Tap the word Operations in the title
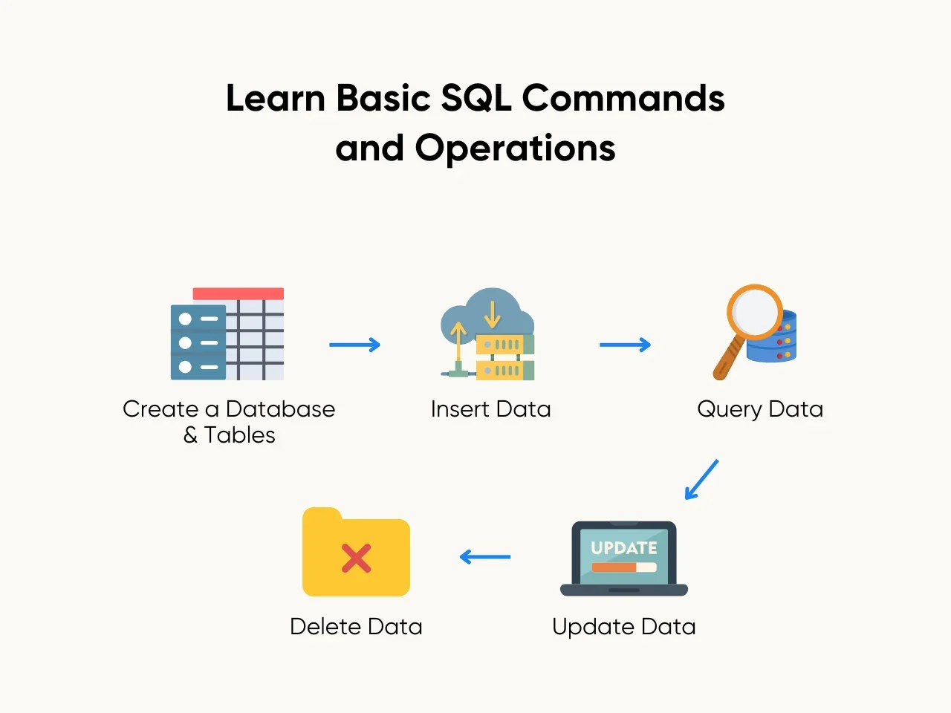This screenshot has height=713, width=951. [515, 148]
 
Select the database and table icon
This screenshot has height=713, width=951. [227, 334]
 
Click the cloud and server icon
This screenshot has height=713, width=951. [487, 334]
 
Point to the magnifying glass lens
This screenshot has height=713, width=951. [754, 312]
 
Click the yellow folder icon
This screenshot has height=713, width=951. [356, 553]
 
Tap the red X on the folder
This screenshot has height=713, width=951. [356, 558]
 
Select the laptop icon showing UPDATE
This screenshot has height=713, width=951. [624, 559]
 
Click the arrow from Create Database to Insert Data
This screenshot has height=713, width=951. [354, 345]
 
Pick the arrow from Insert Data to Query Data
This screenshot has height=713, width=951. [625, 345]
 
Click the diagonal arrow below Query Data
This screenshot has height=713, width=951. [701, 479]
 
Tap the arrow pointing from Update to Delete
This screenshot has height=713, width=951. [485, 556]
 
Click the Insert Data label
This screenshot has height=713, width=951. [490, 409]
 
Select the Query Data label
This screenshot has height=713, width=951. [760, 409]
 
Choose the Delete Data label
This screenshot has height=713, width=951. [356, 627]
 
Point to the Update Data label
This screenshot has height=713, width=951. [624, 627]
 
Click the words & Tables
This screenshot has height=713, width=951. [229, 435]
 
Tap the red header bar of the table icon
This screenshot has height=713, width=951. [238, 294]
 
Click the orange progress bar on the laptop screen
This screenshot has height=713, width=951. [614, 567]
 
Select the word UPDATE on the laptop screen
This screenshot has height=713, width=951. [624, 548]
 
